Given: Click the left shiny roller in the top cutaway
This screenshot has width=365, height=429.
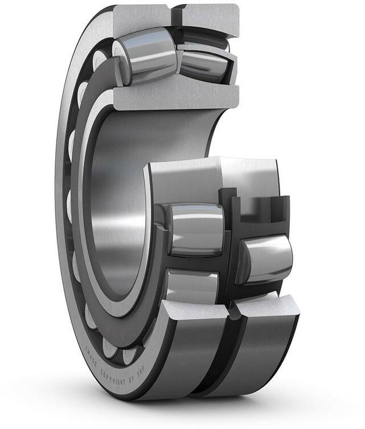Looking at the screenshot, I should click(145, 55).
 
